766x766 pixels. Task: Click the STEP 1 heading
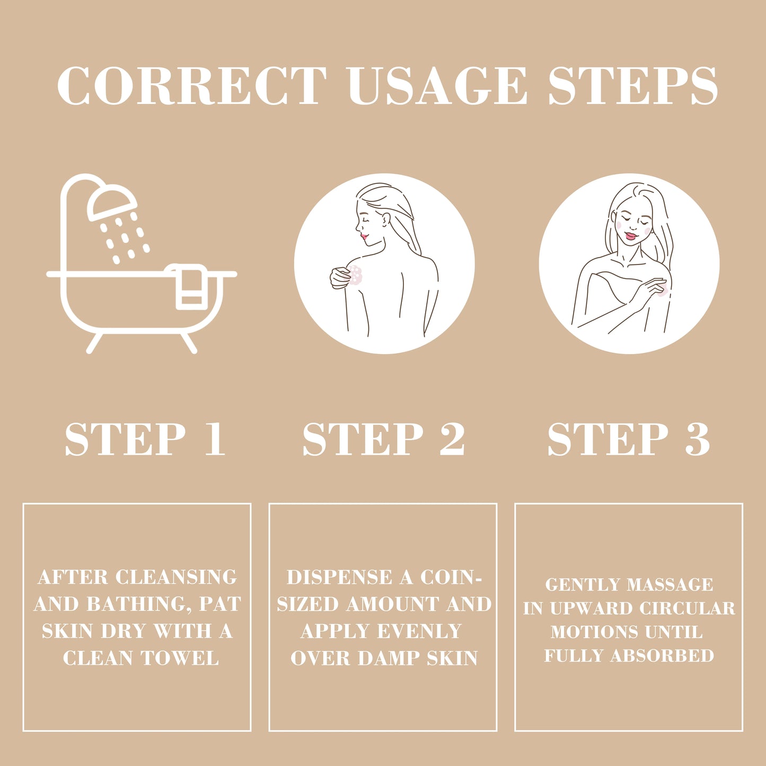click(145, 439)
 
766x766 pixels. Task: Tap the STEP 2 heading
click(384, 439)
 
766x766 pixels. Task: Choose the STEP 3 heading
click(629, 439)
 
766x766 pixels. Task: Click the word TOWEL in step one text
click(180, 658)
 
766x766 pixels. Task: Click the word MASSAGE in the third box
click(670, 584)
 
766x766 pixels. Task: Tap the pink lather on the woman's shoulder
click(356, 276)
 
